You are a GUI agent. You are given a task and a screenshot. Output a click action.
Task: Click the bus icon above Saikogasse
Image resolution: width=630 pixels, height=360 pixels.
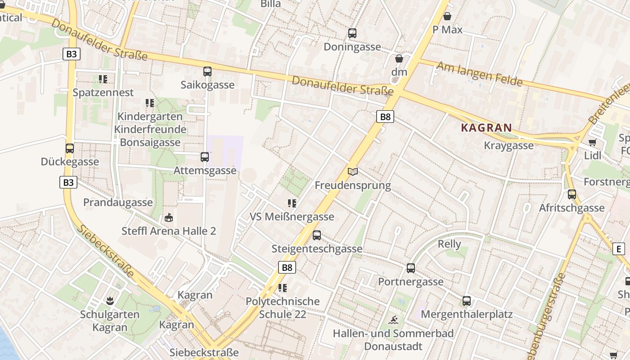[207, 71]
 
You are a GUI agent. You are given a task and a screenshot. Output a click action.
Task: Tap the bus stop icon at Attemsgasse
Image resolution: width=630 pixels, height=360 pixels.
[204, 157]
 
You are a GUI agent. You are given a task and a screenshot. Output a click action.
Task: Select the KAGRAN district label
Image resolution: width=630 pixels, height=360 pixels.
[486, 127]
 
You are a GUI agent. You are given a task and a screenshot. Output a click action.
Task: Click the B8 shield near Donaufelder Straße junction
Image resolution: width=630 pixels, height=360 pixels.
[385, 117]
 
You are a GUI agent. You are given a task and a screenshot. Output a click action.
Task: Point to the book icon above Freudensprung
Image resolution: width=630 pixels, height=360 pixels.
[353, 171]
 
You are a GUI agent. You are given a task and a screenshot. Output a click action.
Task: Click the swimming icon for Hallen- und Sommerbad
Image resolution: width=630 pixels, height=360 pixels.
[393, 320]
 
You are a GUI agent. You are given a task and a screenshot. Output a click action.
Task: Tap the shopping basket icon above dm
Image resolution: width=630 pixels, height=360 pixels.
[399, 58]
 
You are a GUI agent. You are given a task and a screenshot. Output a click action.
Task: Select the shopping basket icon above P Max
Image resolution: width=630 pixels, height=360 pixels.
[447, 17]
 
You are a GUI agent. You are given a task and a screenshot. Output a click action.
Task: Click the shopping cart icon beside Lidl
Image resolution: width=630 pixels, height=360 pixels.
[592, 143]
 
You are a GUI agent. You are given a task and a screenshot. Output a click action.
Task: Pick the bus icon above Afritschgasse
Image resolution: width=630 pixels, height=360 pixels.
[571, 194]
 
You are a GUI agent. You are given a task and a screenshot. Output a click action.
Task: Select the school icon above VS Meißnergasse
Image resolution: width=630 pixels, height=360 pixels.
[292, 203]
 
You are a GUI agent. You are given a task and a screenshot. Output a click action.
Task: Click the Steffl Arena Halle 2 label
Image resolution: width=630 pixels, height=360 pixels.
[169, 231]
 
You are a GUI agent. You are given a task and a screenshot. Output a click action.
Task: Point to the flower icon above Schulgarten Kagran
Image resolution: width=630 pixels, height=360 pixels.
[109, 301]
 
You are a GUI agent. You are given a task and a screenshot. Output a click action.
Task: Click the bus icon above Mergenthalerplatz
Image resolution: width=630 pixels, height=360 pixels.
[467, 301]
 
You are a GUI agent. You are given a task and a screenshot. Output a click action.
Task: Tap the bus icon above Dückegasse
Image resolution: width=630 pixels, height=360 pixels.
[69, 148]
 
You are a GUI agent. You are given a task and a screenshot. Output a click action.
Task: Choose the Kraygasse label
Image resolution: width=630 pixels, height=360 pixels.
[508, 145]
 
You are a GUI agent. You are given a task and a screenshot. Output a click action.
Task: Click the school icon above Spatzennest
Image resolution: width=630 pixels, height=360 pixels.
[103, 79]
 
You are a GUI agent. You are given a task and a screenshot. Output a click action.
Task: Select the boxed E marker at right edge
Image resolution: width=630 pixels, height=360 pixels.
[619, 249]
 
